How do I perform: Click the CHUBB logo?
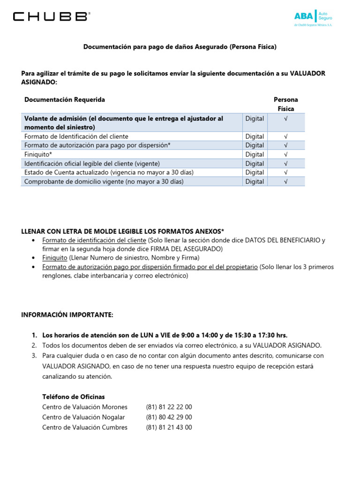coord(50,17)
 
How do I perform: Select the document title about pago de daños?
coord(180,47)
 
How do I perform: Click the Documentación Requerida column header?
coord(65,99)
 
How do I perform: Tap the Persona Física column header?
coord(285,104)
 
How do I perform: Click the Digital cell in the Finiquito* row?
coord(255,154)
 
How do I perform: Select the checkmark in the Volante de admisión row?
coord(285,119)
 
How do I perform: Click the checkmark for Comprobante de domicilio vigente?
coord(285,181)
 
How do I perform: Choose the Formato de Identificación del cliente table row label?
coord(76,136)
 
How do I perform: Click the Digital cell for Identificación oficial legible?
coord(255,164)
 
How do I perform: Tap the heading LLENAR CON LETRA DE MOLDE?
coord(123,232)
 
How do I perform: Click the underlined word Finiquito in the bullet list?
coord(55,258)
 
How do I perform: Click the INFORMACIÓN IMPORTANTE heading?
coord(67,315)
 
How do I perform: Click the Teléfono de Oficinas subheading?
coord(74,397)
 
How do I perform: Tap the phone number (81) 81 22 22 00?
coord(169,407)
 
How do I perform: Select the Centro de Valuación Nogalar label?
coord(83,417)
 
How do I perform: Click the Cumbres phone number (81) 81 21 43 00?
coord(169,427)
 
